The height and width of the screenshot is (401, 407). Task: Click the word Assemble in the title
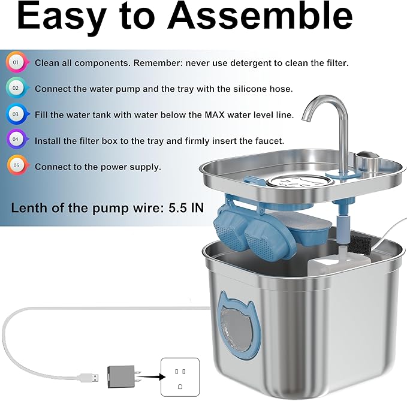[x=260, y=16]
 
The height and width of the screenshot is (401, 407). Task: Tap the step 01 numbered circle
[x=16, y=62]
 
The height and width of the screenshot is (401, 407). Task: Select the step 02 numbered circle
[x=16, y=88]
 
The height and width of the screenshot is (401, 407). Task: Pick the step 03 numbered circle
[x=16, y=114]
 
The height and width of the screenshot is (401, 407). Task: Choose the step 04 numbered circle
[x=16, y=140]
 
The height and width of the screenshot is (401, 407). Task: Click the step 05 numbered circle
[x=16, y=165]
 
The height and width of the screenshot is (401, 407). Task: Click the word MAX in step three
[x=214, y=114]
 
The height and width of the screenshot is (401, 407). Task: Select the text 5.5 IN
[x=186, y=208]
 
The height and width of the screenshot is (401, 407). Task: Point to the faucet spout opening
[x=306, y=119]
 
